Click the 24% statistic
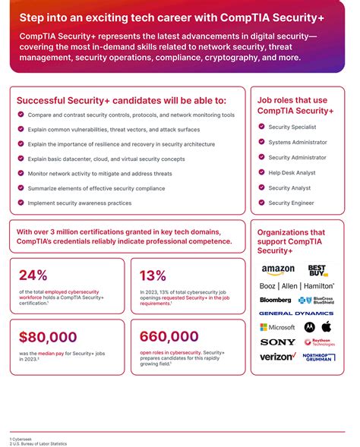35,275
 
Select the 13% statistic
153,275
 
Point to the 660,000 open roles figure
169,338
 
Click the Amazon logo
278,269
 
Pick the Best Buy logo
317,270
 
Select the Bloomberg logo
275,300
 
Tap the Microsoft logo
277,327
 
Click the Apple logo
327,326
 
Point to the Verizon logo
278,356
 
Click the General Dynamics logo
296,313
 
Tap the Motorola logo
309,327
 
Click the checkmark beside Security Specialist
261,127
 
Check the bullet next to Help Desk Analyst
261,172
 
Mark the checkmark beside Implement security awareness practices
21,203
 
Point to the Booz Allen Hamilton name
297,286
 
